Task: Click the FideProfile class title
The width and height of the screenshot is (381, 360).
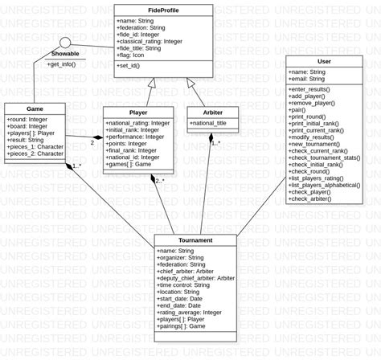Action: coord(163,10)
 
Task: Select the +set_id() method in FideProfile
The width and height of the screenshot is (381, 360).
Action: coord(133,66)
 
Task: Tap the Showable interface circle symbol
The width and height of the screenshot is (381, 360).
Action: coord(65,42)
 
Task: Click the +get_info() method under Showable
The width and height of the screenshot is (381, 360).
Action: coord(62,63)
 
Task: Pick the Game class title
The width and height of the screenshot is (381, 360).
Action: coord(35,108)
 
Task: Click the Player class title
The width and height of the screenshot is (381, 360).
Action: coord(138,112)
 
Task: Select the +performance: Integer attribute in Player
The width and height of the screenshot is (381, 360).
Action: coord(135,137)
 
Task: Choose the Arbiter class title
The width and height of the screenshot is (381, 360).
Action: coord(212,112)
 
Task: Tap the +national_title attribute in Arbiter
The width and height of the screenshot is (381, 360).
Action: coord(208,124)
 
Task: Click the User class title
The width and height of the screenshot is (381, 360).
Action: coord(324,61)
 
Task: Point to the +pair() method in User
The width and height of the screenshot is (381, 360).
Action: coord(299,108)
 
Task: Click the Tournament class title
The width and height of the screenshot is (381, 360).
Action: coord(195,240)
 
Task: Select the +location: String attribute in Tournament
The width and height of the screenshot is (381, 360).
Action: coord(184,292)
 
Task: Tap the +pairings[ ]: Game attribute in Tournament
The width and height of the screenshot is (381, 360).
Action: coord(184,326)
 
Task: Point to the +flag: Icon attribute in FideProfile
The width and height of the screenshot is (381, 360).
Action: coord(134,55)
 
